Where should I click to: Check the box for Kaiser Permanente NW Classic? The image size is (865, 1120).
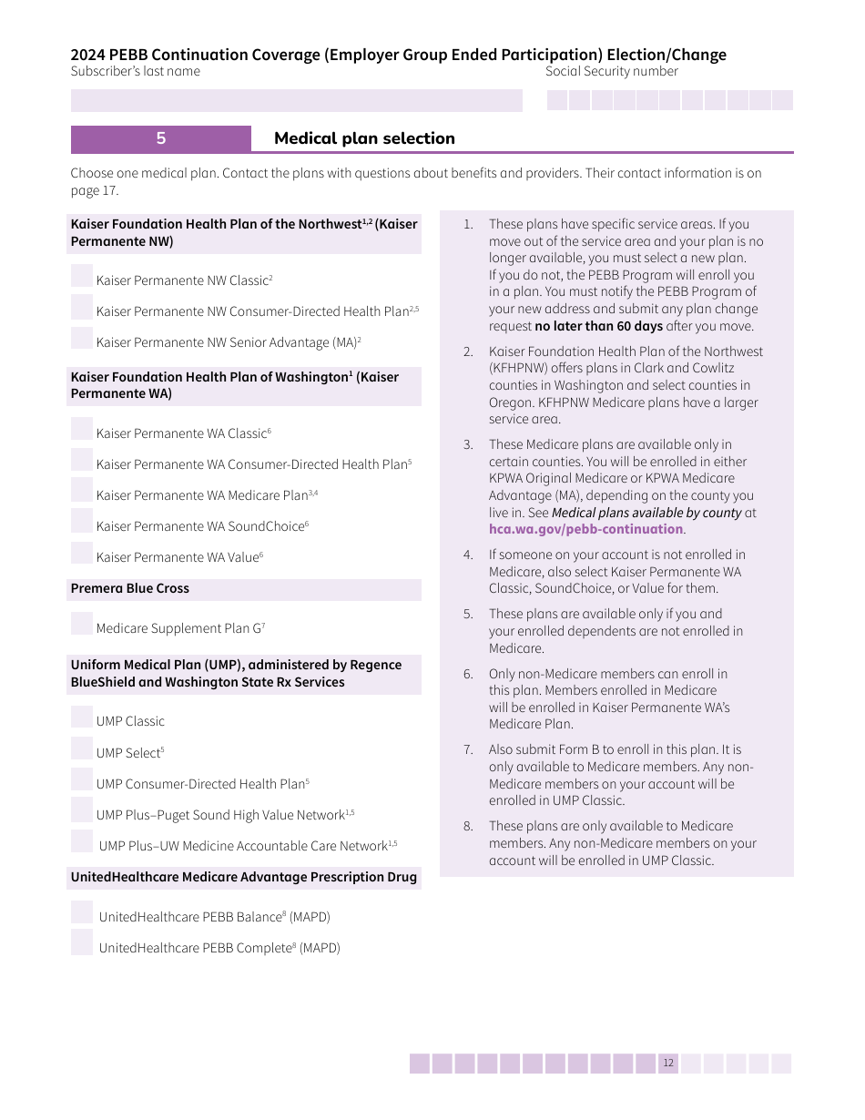click(x=82, y=276)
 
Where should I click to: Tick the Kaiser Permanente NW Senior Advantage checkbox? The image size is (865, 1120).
click(x=82, y=338)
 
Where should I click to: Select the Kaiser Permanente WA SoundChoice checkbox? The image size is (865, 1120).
click(x=82, y=522)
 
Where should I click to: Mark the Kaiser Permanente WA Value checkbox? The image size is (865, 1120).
click(x=82, y=553)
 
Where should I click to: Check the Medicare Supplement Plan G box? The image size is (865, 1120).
click(x=82, y=624)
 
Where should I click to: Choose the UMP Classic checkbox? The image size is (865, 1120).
click(x=82, y=717)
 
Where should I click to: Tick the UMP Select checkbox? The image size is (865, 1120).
click(x=82, y=748)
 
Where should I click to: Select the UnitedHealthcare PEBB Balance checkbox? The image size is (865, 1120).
click(x=82, y=912)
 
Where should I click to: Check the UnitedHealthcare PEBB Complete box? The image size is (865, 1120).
click(x=82, y=943)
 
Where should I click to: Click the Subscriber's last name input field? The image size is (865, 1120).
click(x=296, y=100)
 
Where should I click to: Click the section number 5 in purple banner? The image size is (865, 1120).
click(x=161, y=138)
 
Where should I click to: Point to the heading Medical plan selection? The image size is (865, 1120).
click(x=364, y=138)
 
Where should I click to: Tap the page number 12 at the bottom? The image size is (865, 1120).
click(x=668, y=1064)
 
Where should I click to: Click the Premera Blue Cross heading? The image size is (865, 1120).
click(x=130, y=589)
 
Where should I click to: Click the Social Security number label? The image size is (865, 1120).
click(x=611, y=72)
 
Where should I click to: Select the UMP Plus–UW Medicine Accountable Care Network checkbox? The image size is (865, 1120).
click(x=82, y=841)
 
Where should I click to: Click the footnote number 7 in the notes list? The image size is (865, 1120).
click(x=468, y=749)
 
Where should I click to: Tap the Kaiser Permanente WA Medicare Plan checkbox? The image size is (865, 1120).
click(x=82, y=491)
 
